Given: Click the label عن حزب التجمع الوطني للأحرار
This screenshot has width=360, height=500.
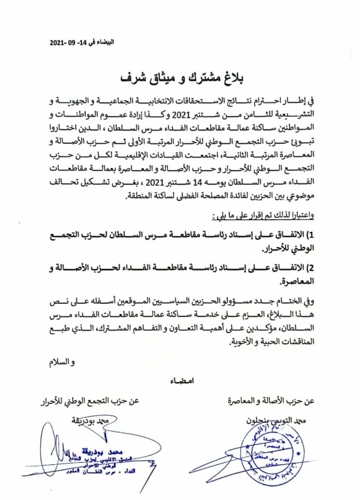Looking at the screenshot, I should tap(90, 402).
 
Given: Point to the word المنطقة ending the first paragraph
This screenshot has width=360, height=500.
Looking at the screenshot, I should tap(142, 196).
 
